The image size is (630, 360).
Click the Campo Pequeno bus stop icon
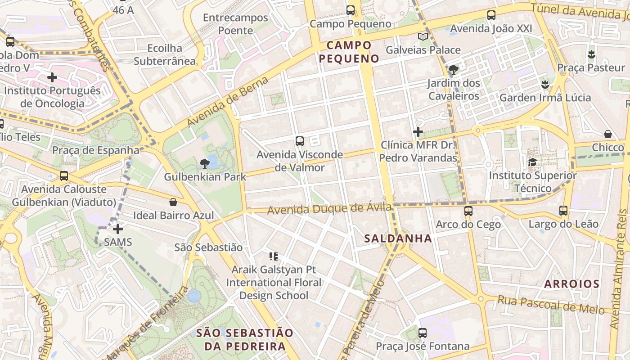[350, 10]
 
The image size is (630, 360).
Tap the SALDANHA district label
[398, 238]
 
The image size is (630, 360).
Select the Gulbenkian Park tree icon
[205, 163]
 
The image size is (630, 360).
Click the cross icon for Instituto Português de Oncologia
[52, 77]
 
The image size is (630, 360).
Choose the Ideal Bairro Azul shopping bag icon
[173, 202]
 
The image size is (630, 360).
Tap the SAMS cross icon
[118, 229]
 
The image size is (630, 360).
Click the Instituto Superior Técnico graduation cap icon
[532, 162]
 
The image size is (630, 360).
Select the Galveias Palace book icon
[423, 37]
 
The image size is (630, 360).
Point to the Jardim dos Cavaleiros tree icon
[454, 70]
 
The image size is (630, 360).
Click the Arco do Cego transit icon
[468, 211]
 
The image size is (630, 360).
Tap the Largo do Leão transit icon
[563, 210]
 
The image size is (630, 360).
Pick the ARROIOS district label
[571, 284]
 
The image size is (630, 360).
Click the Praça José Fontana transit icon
[422, 333]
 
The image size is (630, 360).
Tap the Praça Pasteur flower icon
[591, 54]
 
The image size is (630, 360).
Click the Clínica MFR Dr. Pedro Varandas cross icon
[418, 132]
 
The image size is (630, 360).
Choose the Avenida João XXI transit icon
[491, 15]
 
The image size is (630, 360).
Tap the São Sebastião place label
[208, 247]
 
